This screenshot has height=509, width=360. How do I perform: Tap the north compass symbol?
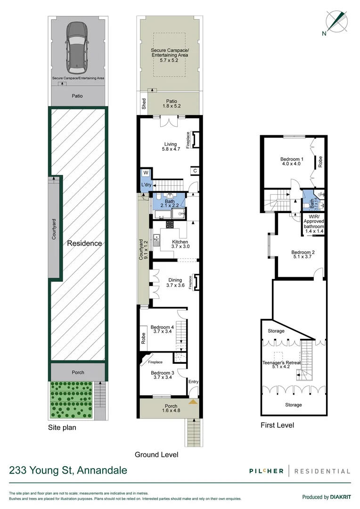pyautogui.click(x=336, y=21)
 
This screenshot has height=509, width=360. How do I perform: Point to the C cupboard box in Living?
pyautogui.click(x=195, y=171)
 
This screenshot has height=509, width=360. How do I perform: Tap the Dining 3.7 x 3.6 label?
pyautogui.click(x=174, y=283)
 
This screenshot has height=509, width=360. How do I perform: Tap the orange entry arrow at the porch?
pyautogui.click(x=192, y=402)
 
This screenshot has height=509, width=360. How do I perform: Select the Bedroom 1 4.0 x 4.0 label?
pyautogui.click(x=292, y=162)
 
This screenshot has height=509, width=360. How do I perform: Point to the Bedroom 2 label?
pyautogui.click(x=303, y=255)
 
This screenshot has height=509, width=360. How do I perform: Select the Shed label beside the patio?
pyautogui.click(x=144, y=103)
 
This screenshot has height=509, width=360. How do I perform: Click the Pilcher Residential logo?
pyautogui.click(x=299, y=471)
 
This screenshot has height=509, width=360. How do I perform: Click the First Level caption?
pyautogui.click(x=278, y=425)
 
